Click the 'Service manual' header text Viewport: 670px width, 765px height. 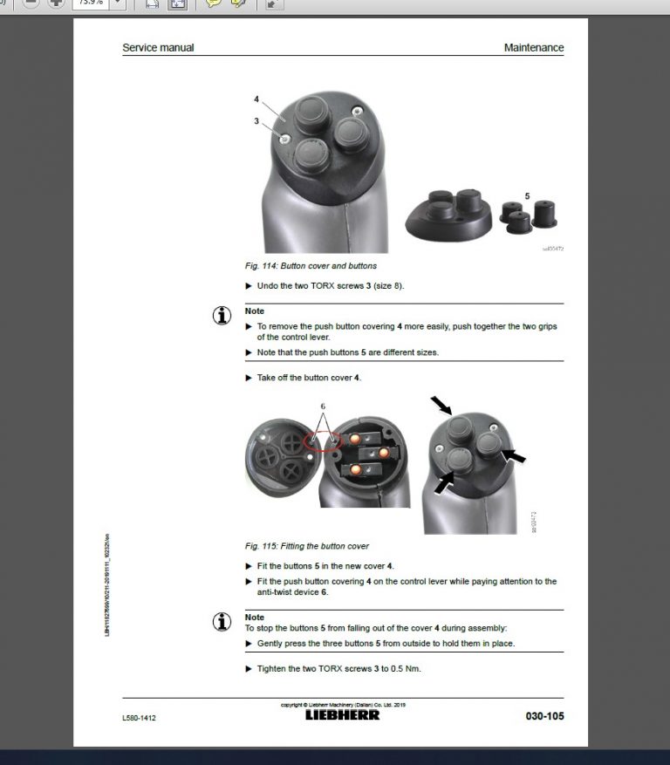click(158, 48)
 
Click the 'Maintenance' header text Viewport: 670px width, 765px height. click(533, 48)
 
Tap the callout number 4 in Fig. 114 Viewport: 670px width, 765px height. click(256, 99)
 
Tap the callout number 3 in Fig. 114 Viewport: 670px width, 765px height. click(256, 121)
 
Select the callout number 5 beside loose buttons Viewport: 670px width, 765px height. click(527, 196)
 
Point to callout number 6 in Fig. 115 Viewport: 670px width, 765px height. click(322, 406)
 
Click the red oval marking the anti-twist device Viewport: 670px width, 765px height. click(322, 442)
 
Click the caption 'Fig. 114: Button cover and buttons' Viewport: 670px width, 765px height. click(311, 265)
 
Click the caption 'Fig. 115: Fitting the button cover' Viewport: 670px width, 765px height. click(307, 546)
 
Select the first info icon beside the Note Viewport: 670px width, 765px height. click(222, 316)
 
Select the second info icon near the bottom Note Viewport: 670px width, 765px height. click(222, 622)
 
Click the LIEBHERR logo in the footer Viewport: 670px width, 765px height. click(342, 715)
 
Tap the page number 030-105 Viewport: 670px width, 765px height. click(544, 716)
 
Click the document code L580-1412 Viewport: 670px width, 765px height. click(140, 717)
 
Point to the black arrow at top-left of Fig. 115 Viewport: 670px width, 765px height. click(441, 404)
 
